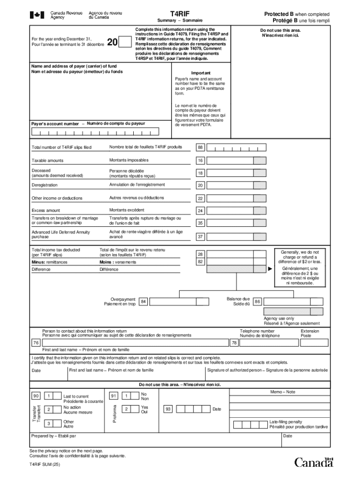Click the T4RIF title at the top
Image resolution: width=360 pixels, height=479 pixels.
click(180, 15)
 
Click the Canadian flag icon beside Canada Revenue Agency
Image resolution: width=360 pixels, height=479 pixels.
click(36, 15)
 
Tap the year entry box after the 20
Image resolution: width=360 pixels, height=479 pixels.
click(125, 43)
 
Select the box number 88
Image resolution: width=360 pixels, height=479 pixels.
click(200, 148)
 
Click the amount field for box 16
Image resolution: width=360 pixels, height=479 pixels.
click(230, 160)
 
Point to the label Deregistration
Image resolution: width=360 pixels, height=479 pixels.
click(45, 185)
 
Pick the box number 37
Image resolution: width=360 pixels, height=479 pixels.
click(200, 237)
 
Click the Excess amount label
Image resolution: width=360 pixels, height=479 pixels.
click(46, 210)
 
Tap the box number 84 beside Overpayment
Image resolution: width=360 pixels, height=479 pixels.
click(144, 302)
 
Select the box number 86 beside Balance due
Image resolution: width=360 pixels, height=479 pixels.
click(257, 302)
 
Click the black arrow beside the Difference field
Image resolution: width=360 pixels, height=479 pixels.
click(270, 269)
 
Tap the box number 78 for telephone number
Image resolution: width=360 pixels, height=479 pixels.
click(235, 343)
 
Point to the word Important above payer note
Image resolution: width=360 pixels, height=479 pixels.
click(201, 73)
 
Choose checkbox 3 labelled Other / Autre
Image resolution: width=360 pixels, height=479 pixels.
click(49, 424)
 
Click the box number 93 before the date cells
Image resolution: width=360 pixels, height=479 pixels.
click(168, 409)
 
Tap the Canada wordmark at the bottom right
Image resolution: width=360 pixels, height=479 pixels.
click(314, 462)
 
